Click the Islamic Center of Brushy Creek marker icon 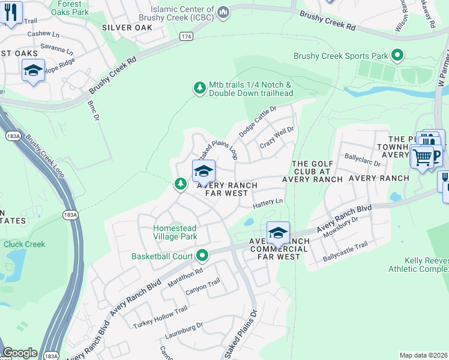pos(223,11)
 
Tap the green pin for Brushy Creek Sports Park pos(397,56)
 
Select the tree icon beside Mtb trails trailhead pos(199,89)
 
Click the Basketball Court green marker pos(202,256)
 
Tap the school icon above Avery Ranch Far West pos(203,171)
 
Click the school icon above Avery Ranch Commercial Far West pos(278,232)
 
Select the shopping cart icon pos(423,157)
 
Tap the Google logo pos(20,353)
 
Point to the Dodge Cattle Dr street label pos(257,121)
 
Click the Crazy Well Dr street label pos(277,138)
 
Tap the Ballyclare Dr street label pos(363,159)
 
